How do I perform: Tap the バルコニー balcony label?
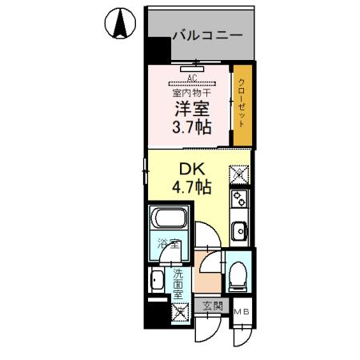(207, 35)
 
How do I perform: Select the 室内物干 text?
(190, 94)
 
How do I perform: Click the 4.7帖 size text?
(191, 188)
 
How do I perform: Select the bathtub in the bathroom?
(169, 218)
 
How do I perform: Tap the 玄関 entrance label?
(212, 306)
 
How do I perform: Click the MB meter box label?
(240, 310)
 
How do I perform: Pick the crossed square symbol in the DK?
(238, 172)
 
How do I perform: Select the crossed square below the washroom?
(178, 312)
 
